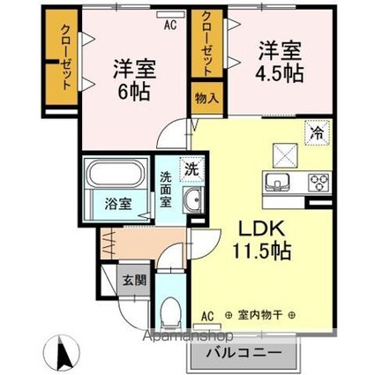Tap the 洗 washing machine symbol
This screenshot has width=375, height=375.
click(191, 167)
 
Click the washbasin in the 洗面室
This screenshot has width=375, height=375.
click(191, 201)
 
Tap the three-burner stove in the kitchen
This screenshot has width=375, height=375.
click(318, 182)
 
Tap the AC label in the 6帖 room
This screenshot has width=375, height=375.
click(169, 26)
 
